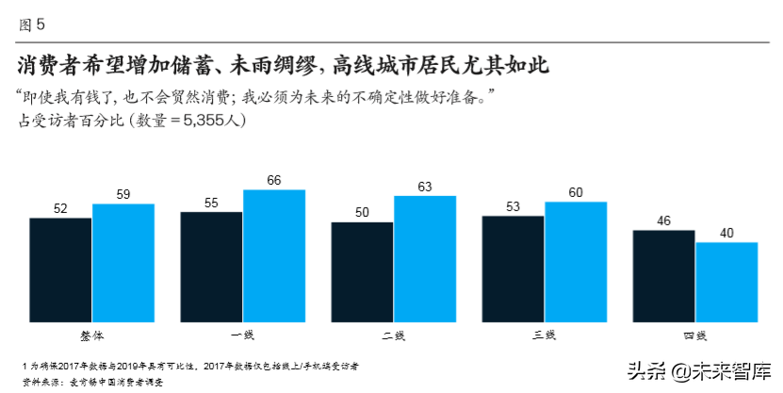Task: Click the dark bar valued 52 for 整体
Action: [x=60, y=268]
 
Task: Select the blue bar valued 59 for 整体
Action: [x=123, y=261]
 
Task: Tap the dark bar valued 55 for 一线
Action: [x=211, y=265]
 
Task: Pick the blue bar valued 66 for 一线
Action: [x=274, y=254]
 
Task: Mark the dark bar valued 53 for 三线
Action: [x=513, y=267]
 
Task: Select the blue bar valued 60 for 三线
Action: [x=576, y=260]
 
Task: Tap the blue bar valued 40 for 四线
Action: [x=726, y=280]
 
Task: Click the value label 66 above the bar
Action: [x=274, y=180]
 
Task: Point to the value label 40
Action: [x=726, y=233]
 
